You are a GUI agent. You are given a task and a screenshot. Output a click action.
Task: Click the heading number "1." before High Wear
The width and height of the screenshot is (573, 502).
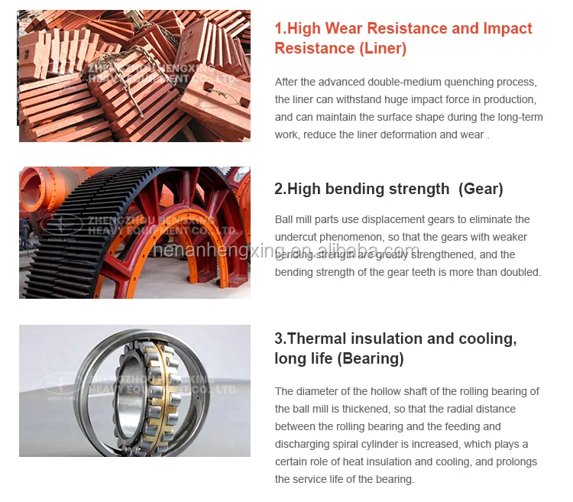point(280,29)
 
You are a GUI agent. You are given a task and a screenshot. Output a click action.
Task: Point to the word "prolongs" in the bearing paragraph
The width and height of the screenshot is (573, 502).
point(517,462)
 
